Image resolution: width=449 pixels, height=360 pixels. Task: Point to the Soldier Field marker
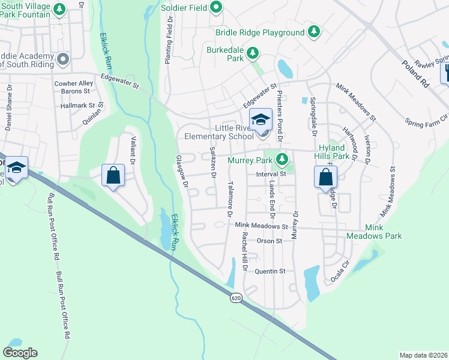pos(217,8)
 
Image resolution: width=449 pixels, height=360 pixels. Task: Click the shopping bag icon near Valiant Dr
pos(113,176)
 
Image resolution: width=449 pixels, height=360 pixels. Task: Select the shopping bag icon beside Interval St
pos(325,177)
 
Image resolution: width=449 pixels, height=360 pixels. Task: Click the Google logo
pos(20,353)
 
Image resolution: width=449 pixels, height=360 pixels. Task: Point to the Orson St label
pos(269,241)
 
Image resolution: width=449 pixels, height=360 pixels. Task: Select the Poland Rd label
pos(417,74)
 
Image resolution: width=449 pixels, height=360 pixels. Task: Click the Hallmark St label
pos(78,105)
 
